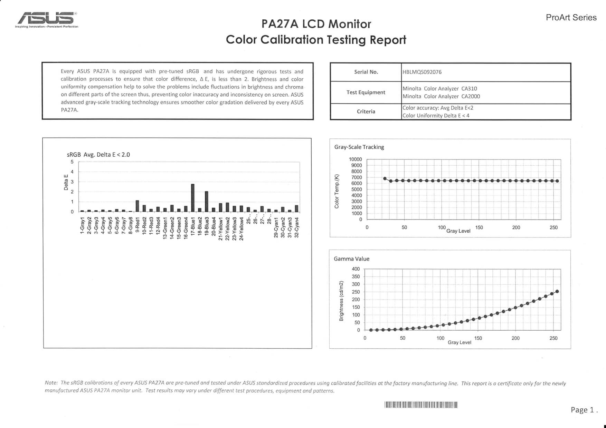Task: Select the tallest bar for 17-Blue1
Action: point(193,198)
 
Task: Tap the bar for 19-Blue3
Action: point(207,202)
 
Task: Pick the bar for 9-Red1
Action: point(137,206)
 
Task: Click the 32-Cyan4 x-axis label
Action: point(297,227)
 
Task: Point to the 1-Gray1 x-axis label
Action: point(82,226)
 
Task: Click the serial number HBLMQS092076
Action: point(422,72)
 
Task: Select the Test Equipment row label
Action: point(366,93)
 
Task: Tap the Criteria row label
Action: point(366,111)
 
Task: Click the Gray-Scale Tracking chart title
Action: point(359,147)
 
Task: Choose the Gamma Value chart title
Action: point(351,259)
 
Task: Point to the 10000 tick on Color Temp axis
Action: point(356,159)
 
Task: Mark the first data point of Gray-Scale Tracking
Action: point(385,178)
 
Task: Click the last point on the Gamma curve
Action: point(557,292)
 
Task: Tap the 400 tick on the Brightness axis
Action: point(356,269)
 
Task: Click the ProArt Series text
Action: point(571,18)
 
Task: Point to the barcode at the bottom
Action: point(421,405)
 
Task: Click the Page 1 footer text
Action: point(584,410)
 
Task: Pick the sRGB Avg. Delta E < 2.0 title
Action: point(98,155)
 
